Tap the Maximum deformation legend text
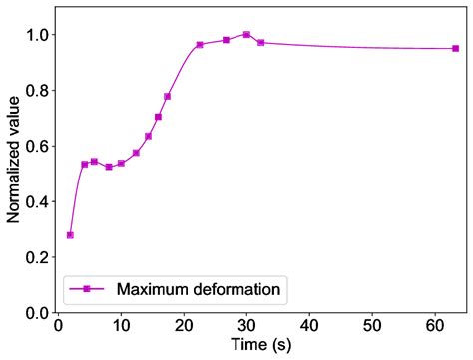[x=202, y=290]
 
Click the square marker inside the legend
[x=87, y=290]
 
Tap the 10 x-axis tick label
[x=121, y=324]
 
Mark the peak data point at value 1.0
[x=246, y=35]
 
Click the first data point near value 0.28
[x=70, y=235]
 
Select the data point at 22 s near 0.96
[x=200, y=45]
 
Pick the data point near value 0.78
[x=167, y=97]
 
